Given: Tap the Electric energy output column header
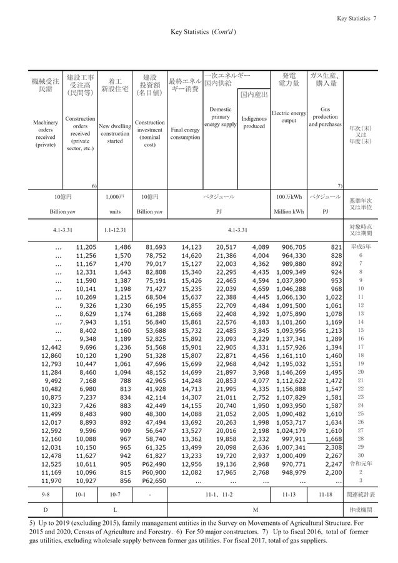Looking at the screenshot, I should coord(289,117).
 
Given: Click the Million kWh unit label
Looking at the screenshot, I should coord(289,211).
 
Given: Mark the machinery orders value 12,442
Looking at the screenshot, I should coord(51,346).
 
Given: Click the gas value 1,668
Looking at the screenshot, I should coord(332,439).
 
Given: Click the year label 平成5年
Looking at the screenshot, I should coord(361,246).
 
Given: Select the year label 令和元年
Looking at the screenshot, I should coord(361,464).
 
